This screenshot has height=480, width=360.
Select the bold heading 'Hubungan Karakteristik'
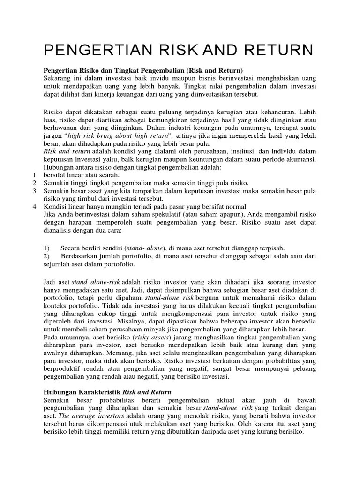[x=82, y=392]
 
